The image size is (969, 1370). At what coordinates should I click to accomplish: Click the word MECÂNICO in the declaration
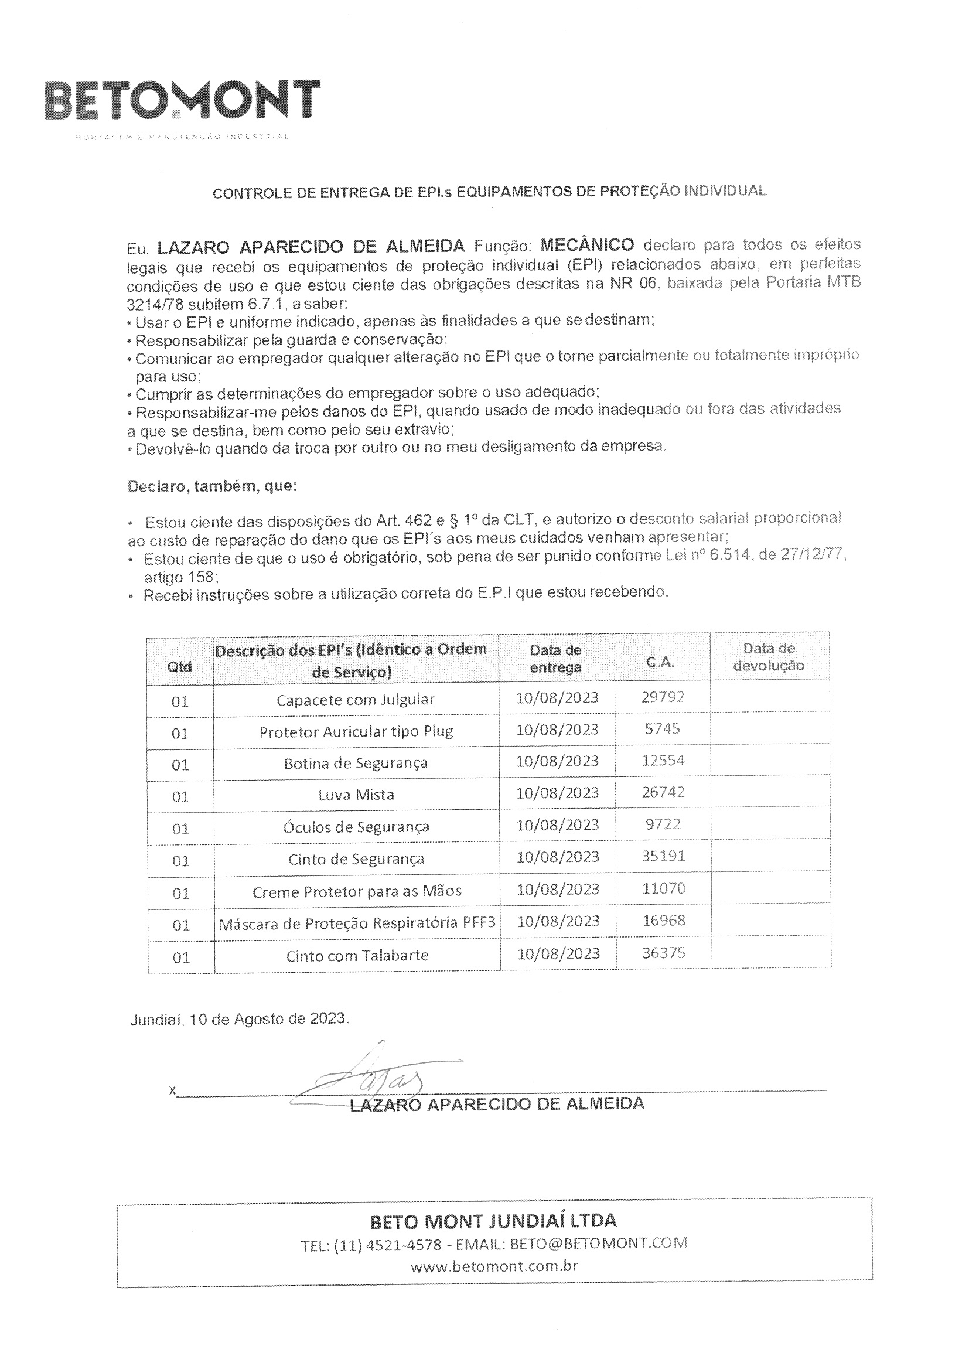click(x=587, y=245)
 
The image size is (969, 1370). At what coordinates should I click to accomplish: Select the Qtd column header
click(x=180, y=666)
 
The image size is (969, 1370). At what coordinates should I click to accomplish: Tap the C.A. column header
click(x=660, y=662)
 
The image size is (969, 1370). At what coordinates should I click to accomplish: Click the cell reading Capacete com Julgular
click(x=356, y=699)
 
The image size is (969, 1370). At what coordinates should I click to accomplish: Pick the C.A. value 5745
click(x=663, y=728)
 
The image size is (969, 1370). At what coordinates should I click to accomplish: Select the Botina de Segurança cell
click(x=356, y=762)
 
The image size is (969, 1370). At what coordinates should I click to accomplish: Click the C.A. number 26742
click(x=663, y=792)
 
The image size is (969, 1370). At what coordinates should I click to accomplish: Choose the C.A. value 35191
click(x=663, y=856)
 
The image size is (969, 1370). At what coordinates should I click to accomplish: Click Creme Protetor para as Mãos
click(x=357, y=891)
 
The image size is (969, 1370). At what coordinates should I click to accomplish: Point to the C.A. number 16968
click(x=664, y=920)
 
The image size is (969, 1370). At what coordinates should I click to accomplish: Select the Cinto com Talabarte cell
click(x=357, y=955)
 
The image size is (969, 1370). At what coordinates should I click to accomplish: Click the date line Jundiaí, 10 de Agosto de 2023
click(x=239, y=1018)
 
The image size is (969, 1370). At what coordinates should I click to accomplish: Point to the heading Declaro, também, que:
click(x=213, y=486)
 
